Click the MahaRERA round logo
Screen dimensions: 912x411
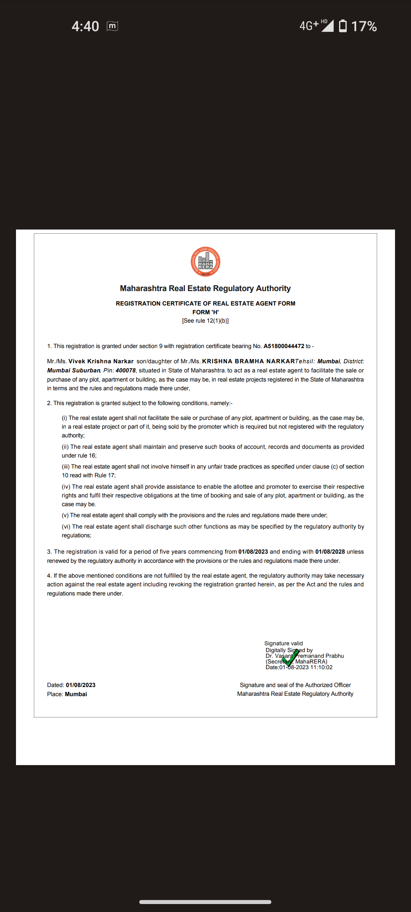pyautogui.click(x=205, y=262)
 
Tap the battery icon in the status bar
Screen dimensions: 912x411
pyautogui.click(x=343, y=26)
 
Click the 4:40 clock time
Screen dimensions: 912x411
pyautogui.click(x=85, y=26)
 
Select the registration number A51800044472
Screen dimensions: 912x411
pyautogui.click(x=284, y=346)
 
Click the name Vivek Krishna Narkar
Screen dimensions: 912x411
pyautogui.click(x=101, y=361)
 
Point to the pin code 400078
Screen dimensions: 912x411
pyautogui.click(x=126, y=370)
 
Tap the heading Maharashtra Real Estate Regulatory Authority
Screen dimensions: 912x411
pyautogui.click(x=205, y=288)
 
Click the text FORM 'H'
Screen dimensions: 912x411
pyautogui.click(x=205, y=312)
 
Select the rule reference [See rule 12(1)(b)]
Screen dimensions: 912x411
pyautogui.click(x=205, y=321)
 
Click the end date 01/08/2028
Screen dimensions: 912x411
pyautogui.click(x=330, y=552)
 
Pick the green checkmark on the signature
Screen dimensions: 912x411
pyautogui.click(x=290, y=659)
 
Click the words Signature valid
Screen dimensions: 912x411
pyautogui.click(x=284, y=643)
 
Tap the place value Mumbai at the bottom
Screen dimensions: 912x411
pyautogui.click(x=76, y=694)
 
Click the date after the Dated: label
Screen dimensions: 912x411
pyautogui.click(x=81, y=685)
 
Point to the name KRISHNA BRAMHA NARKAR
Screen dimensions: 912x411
pyautogui.click(x=249, y=361)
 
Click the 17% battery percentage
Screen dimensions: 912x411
pyautogui.click(x=364, y=26)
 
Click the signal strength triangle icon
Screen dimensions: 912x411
pyautogui.click(x=328, y=26)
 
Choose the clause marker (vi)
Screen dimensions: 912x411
pyautogui.click(x=66, y=527)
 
